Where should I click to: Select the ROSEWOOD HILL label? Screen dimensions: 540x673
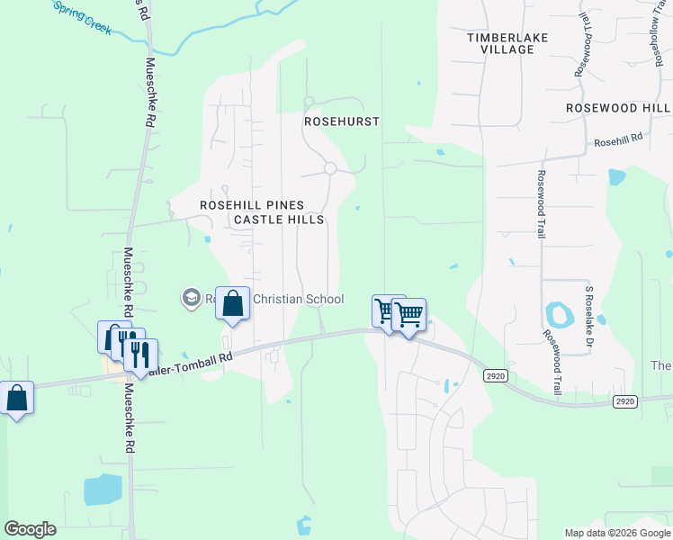[618, 107]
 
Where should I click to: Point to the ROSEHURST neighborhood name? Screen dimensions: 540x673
[342, 121]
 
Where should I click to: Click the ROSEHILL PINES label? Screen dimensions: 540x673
[252, 205]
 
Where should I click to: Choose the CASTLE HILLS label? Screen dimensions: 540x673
[279, 220]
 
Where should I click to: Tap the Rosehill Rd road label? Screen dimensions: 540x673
[618, 140]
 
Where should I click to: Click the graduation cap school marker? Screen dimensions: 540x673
[191, 297]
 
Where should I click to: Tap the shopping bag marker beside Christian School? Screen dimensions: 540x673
[233, 304]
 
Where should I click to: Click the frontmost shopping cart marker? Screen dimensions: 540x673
[408, 315]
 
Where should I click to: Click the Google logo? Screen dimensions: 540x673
[30, 529]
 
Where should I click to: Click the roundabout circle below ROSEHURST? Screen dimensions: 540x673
[330, 168]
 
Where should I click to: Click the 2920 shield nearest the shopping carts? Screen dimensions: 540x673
[493, 374]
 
